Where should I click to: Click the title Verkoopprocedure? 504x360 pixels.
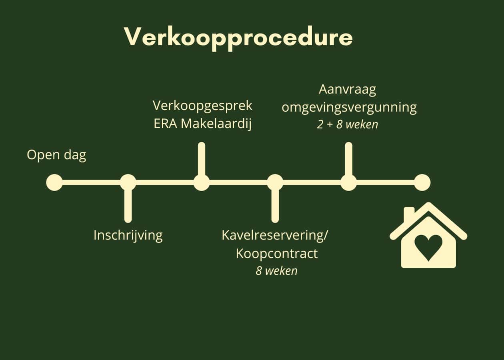click(238, 38)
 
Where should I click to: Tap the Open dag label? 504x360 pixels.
click(56, 156)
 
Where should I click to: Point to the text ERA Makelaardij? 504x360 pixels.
click(202, 124)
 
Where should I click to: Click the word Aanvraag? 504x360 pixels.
click(347, 90)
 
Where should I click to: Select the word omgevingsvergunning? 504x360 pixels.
click(349, 108)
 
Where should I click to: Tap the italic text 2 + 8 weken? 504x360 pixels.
click(347, 125)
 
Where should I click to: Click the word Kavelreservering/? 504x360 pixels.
click(275, 236)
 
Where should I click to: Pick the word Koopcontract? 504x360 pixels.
click(277, 254)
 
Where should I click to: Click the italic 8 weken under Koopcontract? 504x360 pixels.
click(276, 271)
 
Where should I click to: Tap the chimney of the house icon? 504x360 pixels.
click(409, 214)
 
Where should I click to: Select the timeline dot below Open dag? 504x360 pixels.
click(54, 182)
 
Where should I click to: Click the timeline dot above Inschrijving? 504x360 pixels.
click(128, 182)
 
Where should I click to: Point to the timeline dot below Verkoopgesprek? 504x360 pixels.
click(202, 182)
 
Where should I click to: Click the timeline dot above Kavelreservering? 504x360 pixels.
click(275, 182)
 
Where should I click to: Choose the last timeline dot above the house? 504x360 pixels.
click(422, 182)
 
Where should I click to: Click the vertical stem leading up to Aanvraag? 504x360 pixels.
click(349, 159)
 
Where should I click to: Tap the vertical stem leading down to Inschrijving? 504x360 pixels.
click(128, 206)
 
